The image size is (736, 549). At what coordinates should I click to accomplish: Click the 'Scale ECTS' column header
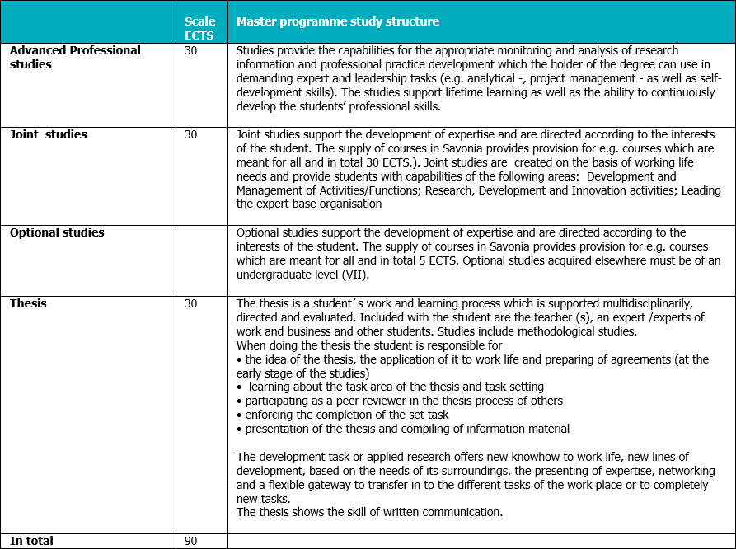200,28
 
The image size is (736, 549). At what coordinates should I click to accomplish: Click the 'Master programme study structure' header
338,21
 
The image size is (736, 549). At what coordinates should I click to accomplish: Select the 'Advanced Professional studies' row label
75,57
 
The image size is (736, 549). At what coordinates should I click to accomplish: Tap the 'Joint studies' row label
48,134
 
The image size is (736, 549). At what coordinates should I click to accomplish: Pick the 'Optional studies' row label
57,232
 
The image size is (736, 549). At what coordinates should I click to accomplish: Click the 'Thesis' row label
28,303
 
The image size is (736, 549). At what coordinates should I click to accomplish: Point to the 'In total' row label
31,541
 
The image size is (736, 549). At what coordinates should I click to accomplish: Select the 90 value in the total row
191,542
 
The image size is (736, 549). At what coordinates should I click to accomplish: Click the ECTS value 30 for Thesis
191,303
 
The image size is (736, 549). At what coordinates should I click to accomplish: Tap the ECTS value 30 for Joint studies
191,134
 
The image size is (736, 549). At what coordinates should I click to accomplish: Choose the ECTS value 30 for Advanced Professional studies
191,50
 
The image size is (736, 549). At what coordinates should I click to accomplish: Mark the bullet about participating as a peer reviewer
404,401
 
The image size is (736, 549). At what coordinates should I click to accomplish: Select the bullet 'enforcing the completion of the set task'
346,415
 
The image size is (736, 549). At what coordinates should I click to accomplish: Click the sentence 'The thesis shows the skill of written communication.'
369,513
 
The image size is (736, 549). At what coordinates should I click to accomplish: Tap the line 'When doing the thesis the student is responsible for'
369,345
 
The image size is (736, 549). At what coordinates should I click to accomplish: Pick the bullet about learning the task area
396,387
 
